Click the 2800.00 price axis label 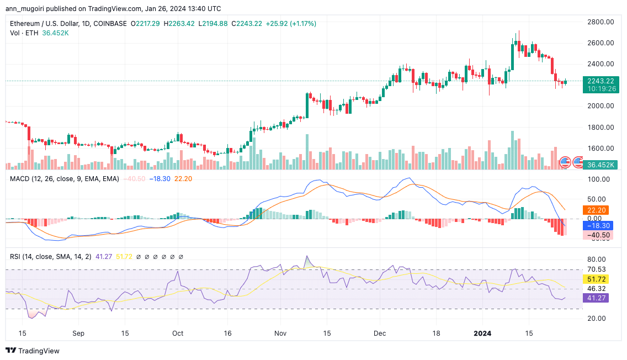tap(600, 22)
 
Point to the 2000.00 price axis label tap(600, 106)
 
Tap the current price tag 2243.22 tap(600, 81)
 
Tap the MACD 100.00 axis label tap(600, 179)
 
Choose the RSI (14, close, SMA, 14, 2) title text tap(52, 257)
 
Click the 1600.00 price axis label tap(600, 148)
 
